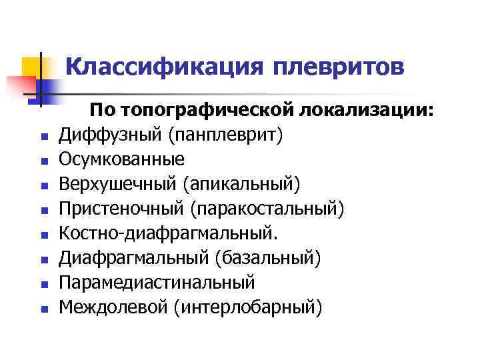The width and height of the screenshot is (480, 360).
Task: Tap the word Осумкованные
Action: pyautogui.click(x=121, y=160)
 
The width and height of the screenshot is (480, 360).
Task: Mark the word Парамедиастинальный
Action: pyautogui.click(x=157, y=283)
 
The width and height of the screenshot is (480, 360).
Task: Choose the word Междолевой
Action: pyautogui.click(x=113, y=307)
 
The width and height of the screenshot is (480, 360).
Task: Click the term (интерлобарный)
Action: pyautogui.click(x=249, y=307)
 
